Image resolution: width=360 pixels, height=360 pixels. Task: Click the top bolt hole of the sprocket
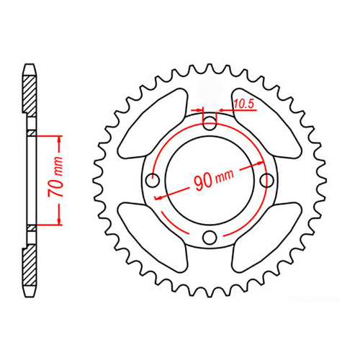tap(210, 122)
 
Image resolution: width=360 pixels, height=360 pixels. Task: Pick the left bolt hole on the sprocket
tap(152, 180)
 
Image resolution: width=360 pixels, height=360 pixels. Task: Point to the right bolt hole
tap(267, 179)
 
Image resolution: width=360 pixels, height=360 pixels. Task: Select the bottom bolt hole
tap(210, 237)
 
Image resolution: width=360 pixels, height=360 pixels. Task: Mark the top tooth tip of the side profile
tap(30, 67)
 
